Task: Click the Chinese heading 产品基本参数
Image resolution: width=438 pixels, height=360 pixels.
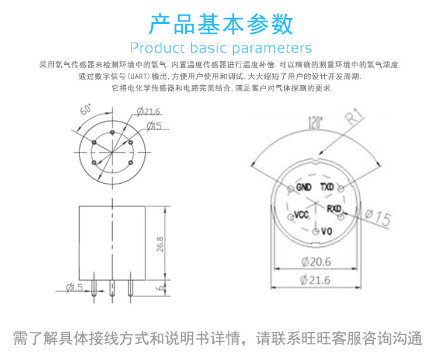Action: (221, 25)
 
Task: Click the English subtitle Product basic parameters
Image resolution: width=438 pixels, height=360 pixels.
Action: (221, 48)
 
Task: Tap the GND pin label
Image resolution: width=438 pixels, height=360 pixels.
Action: (304, 187)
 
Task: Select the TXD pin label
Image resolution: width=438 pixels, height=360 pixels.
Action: (327, 187)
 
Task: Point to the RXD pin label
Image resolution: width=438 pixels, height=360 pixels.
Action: (334, 208)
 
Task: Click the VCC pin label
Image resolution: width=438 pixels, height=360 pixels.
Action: (302, 215)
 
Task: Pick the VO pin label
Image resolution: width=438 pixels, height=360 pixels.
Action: (326, 232)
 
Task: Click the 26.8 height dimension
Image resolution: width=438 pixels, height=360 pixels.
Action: (160, 244)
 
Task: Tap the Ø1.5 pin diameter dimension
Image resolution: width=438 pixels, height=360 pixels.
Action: (75, 288)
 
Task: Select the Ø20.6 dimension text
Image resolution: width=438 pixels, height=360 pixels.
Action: (316, 262)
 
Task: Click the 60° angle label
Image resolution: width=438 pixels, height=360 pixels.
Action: (86, 109)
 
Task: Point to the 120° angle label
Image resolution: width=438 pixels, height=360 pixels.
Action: (315, 122)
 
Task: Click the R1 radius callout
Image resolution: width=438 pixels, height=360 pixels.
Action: (354, 116)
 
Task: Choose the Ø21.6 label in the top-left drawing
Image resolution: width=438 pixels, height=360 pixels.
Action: (148, 111)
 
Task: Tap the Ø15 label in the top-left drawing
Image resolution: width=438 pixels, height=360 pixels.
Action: (154, 126)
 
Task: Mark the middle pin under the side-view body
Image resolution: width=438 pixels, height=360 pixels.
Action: (112, 288)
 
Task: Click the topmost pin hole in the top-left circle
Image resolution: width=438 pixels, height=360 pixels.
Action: (112, 132)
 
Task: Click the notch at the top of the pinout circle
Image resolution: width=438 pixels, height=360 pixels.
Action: (315, 161)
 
